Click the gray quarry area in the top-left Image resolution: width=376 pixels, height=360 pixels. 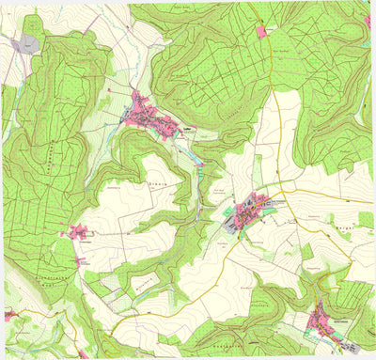click(29, 43)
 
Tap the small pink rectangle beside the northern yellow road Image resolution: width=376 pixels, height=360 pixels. click(261, 32)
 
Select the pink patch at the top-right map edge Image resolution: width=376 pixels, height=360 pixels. click(367, 21)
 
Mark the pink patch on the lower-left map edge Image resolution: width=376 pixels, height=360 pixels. click(8, 317)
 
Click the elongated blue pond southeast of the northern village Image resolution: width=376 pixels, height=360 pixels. click(199, 162)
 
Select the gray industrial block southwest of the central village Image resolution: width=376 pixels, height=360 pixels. click(233, 222)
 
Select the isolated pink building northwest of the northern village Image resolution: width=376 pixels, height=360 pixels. click(111, 91)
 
